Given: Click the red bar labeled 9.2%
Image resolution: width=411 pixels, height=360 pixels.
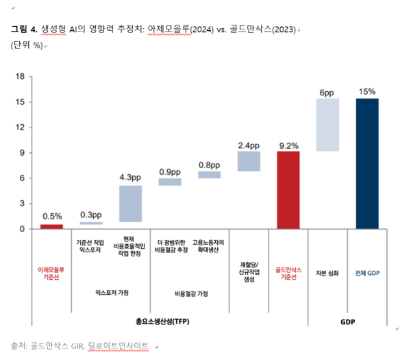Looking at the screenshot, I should coord(288,190).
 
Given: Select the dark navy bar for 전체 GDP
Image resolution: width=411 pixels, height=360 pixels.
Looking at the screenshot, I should coord(366,163).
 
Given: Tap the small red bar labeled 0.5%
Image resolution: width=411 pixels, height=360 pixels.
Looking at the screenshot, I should coord(51,226).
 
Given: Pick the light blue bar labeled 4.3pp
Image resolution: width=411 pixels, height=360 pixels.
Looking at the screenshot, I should coord(130,204).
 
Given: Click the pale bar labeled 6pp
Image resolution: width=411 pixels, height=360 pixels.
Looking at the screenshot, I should coord(327,125).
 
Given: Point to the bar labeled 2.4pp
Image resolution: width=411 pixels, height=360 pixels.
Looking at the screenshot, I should coord(248,160).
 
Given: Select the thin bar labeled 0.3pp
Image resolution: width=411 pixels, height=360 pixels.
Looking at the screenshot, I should coord(90,223).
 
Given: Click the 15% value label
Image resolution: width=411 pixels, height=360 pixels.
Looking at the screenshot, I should coord(366,91).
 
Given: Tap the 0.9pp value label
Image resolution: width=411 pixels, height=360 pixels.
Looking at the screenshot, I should coord(170,171).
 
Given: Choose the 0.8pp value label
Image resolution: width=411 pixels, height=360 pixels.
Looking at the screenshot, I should coord(209,165).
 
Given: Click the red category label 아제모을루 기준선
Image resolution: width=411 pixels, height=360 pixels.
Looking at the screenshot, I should coord(51,274).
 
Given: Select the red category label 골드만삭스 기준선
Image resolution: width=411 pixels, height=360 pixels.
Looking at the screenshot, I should coord(288,274).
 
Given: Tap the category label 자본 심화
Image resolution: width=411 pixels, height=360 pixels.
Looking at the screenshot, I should coord(327,272).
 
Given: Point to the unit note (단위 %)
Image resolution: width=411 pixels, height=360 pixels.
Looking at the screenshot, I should coord(27,45).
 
